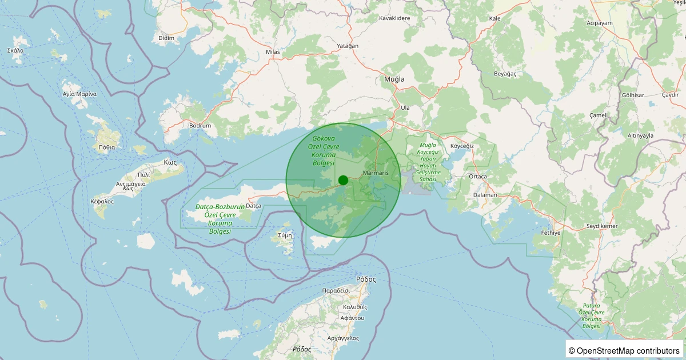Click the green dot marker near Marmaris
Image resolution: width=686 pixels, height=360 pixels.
point(343,180)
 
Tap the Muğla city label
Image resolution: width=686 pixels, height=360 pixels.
point(394,79)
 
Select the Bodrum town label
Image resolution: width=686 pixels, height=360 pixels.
point(200,126)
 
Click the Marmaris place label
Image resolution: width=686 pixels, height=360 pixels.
point(376,173)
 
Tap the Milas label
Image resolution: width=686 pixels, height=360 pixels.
point(273,52)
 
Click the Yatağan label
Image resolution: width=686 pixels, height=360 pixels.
point(348,46)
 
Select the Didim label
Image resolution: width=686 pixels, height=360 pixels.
point(166,38)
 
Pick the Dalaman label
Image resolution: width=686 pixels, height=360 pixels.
point(486,195)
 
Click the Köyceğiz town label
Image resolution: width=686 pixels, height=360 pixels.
point(462,146)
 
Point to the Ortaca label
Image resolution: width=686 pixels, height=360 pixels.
point(477,177)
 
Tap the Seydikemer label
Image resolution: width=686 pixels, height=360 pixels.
point(603,226)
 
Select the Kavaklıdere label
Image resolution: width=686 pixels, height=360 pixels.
point(395,18)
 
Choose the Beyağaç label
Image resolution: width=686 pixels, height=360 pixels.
point(505,74)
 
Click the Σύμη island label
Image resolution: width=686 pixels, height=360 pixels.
point(285,235)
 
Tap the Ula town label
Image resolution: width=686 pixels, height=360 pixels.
point(405,107)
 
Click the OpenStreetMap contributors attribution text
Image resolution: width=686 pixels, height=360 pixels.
point(625,350)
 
